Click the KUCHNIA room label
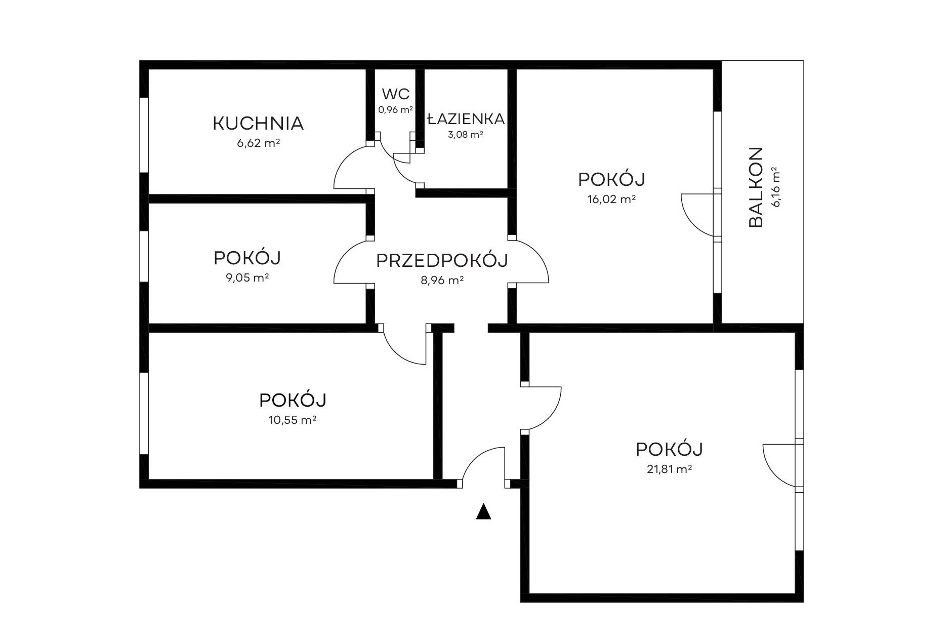[258, 123]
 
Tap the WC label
[396, 94]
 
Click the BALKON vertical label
[755, 187]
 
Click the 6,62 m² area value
[258, 143]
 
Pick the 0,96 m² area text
[396, 109]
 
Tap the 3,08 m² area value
[465, 135]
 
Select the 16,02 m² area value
[611, 199]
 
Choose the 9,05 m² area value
[247, 278]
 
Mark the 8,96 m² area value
[442, 280]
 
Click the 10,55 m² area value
[293, 420]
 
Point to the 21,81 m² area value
[669, 469]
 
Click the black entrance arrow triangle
[484, 511]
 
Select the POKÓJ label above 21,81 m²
[669, 449]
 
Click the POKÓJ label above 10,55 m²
[293, 400]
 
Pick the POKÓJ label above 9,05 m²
[247, 258]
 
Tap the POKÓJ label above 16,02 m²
[611, 179]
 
